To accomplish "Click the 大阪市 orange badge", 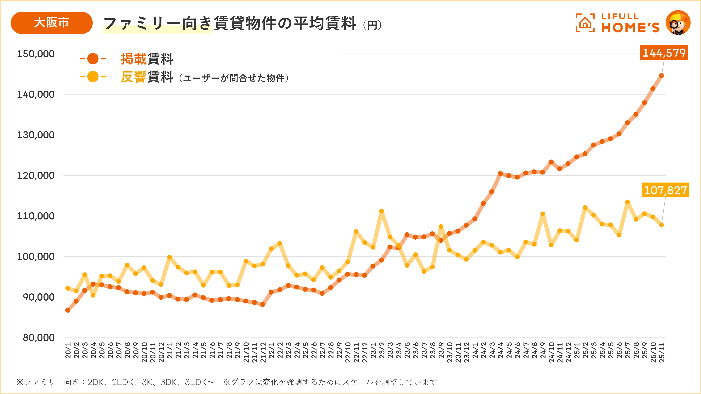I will [x=51, y=23].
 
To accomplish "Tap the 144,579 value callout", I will [x=664, y=52].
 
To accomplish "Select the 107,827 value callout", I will [x=665, y=190].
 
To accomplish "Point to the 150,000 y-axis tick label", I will [x=36, y=54].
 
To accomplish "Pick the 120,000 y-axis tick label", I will [x=36, y=175].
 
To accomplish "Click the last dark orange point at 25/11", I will [x=661, y=76].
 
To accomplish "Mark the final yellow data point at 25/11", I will [x=661, y=225].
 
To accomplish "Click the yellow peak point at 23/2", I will [x=382, y=211].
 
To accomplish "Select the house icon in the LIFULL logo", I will [x=585, y=23].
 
